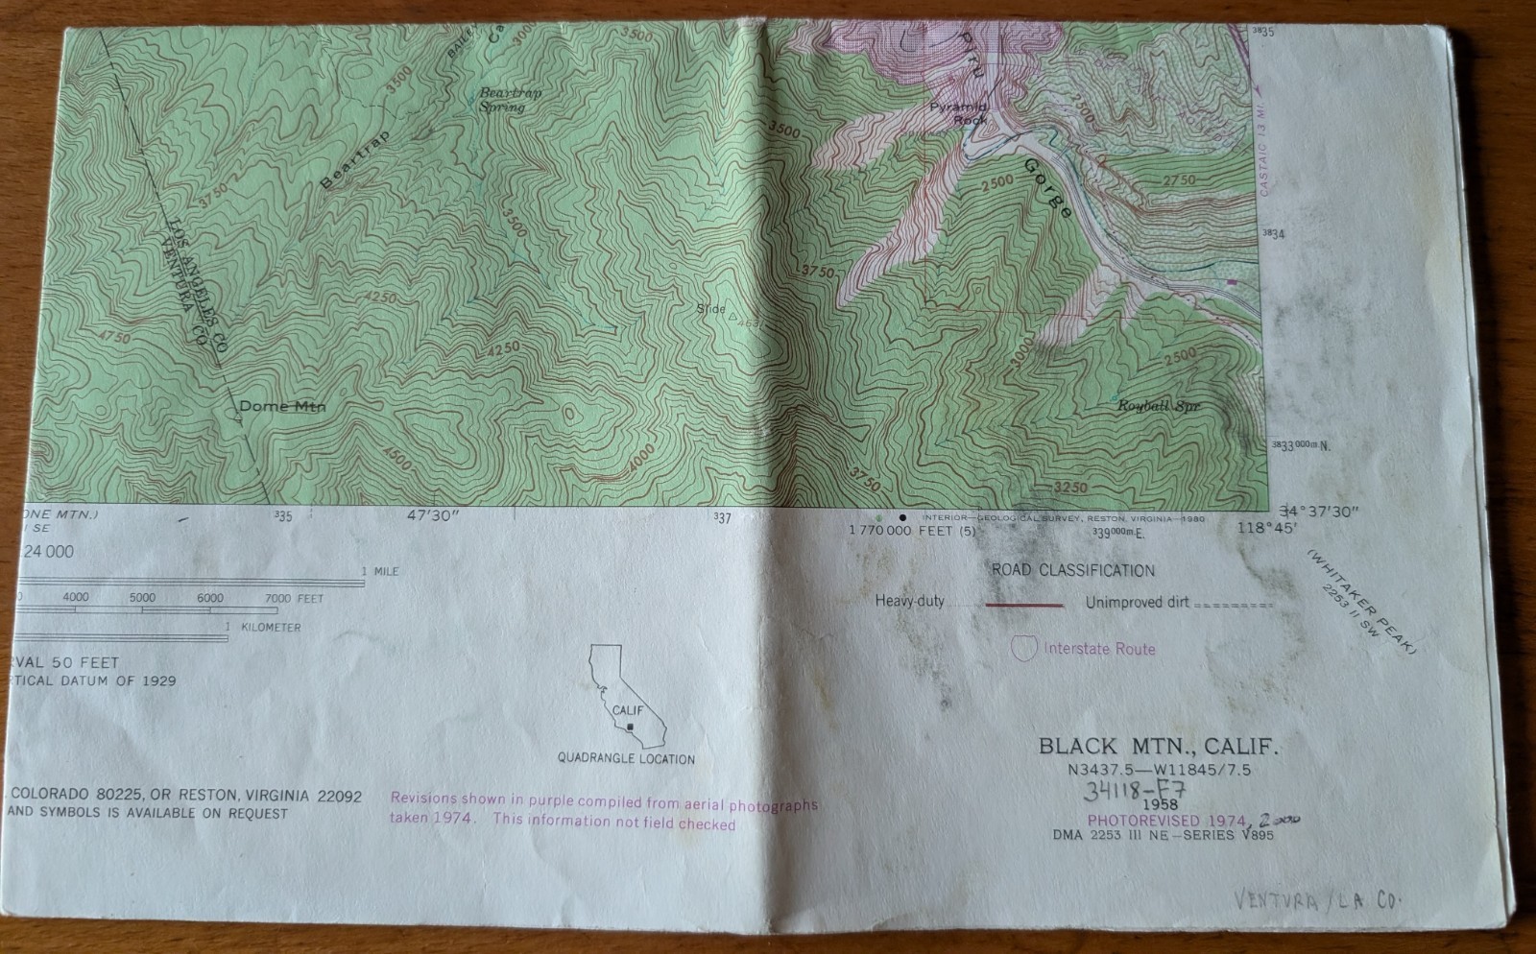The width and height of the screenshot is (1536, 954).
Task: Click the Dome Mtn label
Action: coord(281,406)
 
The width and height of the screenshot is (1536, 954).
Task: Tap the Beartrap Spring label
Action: coord(509,100)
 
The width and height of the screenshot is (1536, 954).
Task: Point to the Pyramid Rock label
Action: coord(958,113)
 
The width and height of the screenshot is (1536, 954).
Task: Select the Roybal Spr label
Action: coord(1158,406)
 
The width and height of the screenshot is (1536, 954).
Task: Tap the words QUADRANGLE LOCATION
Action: coord(626,759)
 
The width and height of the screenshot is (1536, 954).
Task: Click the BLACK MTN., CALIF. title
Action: coord(1158,746)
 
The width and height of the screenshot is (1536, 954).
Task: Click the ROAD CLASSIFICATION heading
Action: coord(1072,570)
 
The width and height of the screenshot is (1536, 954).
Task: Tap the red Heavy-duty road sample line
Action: coord(1024,606)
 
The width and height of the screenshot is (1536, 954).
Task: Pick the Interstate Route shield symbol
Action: coord(1025,648)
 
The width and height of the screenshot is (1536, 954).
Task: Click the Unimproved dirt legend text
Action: coord(1137,603)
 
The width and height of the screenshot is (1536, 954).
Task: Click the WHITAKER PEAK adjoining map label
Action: coord(1362,602)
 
